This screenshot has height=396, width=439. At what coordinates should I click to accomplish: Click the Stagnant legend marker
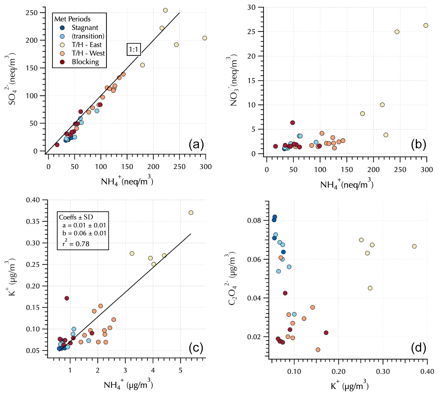pos(62,28)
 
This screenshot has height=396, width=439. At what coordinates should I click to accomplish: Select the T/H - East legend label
pos(86,45)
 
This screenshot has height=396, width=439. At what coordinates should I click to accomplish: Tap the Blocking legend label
pos(85,62)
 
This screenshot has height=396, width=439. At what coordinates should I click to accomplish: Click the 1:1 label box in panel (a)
pos(134,49)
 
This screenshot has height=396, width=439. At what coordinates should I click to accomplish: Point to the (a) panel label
pos(196,144)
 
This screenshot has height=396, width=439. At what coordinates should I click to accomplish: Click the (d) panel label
pos(418,348)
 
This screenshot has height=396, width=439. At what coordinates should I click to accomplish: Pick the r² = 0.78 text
pos(76,244)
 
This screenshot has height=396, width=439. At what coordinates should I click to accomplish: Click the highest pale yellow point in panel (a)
pos(165,10)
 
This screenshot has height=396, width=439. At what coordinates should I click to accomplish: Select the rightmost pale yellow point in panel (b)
pos(426,26)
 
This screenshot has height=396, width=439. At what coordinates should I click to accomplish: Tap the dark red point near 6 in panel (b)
pos(293,123)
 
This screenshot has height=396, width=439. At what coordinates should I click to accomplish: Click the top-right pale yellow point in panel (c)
pos(191,213)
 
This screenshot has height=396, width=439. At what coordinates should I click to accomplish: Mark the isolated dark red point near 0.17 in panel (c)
pos(67,298)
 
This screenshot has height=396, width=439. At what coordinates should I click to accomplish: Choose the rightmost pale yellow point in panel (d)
pos(414,246)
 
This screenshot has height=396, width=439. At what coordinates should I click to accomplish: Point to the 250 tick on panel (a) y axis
pos(32,13)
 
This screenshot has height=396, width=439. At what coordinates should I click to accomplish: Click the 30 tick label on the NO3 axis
pos(251,7)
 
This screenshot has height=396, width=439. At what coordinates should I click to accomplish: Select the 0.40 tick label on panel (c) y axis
pos(33,200)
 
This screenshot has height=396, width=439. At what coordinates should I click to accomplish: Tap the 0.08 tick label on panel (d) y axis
pos(254,220)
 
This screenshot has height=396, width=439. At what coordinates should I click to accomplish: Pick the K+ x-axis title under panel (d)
pos(350,386)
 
